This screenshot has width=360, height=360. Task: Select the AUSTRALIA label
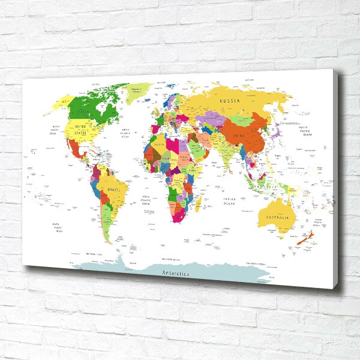point(275,217)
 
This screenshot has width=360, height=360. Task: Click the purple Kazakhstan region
point(211,119)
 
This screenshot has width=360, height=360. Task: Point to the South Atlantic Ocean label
point(146,200)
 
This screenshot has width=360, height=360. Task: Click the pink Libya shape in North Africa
point(173,144)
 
